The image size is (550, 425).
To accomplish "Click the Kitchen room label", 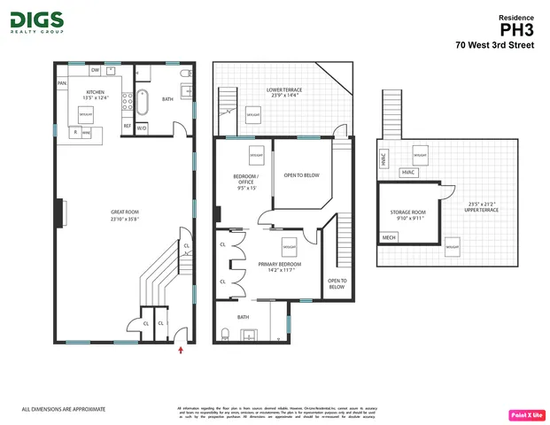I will pos(96,95).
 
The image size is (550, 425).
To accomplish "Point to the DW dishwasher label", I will pos(95,69).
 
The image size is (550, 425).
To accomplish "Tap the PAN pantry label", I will pos(62,83).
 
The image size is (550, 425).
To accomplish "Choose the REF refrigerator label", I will pos(127,126).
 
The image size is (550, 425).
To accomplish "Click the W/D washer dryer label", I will pos(142,126).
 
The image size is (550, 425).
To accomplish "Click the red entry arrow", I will pos(182,351).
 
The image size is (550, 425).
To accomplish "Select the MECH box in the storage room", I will pos(389,238).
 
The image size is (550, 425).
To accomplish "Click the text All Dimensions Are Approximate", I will pos(64,409).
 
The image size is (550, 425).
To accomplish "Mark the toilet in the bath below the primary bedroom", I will pos(227,335).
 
